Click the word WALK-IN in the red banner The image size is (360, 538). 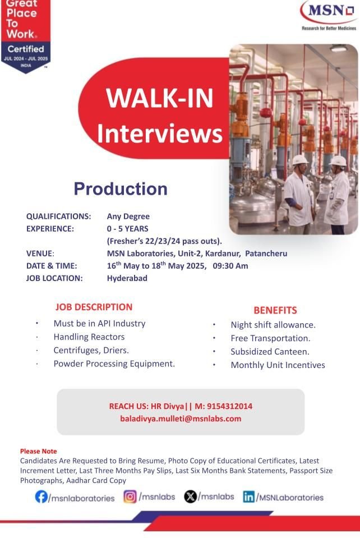(x=160, y=98)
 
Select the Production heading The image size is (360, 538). (x=121, y=188)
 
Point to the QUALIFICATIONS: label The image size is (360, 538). (x=59, y=217)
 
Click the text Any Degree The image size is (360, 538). (x=128, y=217)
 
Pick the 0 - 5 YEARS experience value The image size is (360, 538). (x=127, y=229)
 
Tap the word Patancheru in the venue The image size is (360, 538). (x=266, y=254)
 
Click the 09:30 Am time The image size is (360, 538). (x=230, y=266)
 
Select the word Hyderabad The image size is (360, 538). (x=127, y=278)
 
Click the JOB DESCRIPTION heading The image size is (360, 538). (x=94, y=307)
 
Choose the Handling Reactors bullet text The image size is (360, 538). (x=89, y=337)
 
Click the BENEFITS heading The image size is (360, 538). (x=275, y=310)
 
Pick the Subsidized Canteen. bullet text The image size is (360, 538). (x=270, y=352)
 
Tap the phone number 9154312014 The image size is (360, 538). (x=230, y=406)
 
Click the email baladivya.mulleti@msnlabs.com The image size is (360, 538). (x=181, y=419)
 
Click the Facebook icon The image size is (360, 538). (x=41, y=496)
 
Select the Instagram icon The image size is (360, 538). (x=130, y=496)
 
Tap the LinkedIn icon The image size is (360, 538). (x=249, y=497)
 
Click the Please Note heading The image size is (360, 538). (x=38, y=451)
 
